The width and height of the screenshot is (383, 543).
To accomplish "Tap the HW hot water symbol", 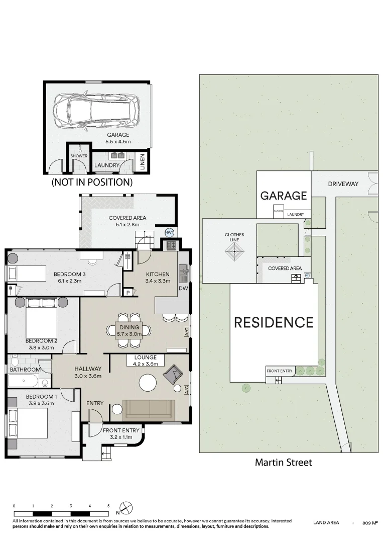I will [x=169, y=233].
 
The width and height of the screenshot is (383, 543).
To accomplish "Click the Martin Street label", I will [x=283, y=462].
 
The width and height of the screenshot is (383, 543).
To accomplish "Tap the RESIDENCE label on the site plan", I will [x=274, y=322].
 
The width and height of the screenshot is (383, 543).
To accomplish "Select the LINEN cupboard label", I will [x=142, y=162].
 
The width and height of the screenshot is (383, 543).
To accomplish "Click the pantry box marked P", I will [x=128, y=293].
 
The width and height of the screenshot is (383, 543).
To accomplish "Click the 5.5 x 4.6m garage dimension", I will [x=118, y=142].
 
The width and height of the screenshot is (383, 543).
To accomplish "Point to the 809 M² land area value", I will [x=369, y=523].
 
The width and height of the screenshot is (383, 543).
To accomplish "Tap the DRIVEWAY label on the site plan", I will [x=343, y=184].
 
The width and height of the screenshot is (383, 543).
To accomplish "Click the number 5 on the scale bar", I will [x=108, y=506].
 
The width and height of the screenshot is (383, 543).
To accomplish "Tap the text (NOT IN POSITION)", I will [x=92, y=182].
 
